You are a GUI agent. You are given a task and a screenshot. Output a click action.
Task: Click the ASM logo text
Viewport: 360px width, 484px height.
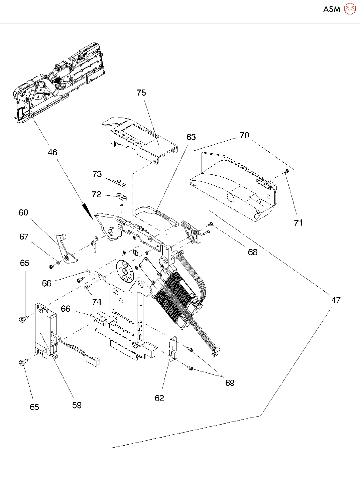(x=332, y=9)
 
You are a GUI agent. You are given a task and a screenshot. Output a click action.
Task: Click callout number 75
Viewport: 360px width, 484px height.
(x=141, y=93)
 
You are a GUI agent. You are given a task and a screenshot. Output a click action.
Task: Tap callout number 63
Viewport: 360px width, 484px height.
(x=191, y=137)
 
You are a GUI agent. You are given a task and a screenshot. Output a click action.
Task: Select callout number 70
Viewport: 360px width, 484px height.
(x=244, y=136)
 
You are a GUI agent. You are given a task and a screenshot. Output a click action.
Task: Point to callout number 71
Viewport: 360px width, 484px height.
(x=298, y=223)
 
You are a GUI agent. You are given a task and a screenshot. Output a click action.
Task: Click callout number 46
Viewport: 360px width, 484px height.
(x=52, y=153)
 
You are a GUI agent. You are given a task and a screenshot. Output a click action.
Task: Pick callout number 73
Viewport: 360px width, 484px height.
(x=97, y=174)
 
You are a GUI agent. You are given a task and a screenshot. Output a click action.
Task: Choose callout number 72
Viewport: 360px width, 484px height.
(x=97, y=194)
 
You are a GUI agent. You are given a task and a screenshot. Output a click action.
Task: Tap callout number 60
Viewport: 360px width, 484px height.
(x=23, y=213)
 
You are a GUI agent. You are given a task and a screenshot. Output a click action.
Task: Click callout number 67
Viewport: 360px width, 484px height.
(x=24, y=237)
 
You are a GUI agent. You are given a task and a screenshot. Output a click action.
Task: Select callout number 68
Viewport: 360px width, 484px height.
(x=253, y=252)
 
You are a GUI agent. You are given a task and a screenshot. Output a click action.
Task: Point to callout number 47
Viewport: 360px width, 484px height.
(x=336, y=300)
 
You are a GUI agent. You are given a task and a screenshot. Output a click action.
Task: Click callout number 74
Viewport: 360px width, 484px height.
(x=97, y=302)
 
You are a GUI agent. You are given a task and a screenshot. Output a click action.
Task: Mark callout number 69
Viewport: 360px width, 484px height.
(x=230, y=383)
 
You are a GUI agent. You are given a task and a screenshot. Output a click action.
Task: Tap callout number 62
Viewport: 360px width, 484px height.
(x=159, y=398)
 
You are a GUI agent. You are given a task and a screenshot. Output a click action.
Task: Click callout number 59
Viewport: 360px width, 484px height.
(x=77, y=405)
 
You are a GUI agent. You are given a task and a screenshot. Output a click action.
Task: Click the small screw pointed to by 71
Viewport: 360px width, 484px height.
(x=287, y=171)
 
